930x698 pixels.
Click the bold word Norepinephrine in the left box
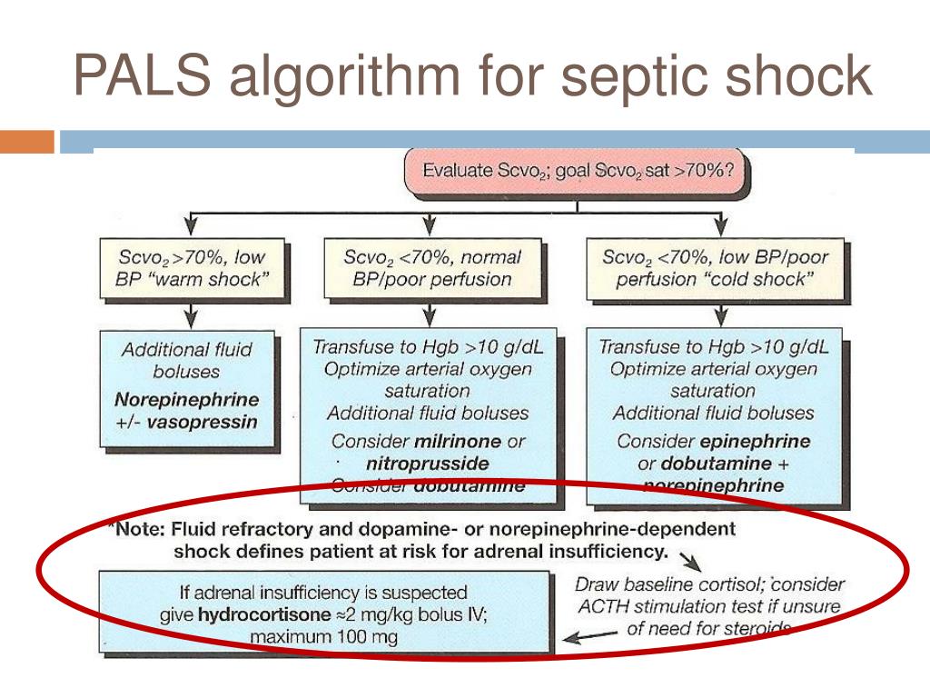tap(187, 400)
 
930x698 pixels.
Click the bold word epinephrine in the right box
tap(759, 443)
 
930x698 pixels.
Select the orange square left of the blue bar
tap(27, 142)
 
